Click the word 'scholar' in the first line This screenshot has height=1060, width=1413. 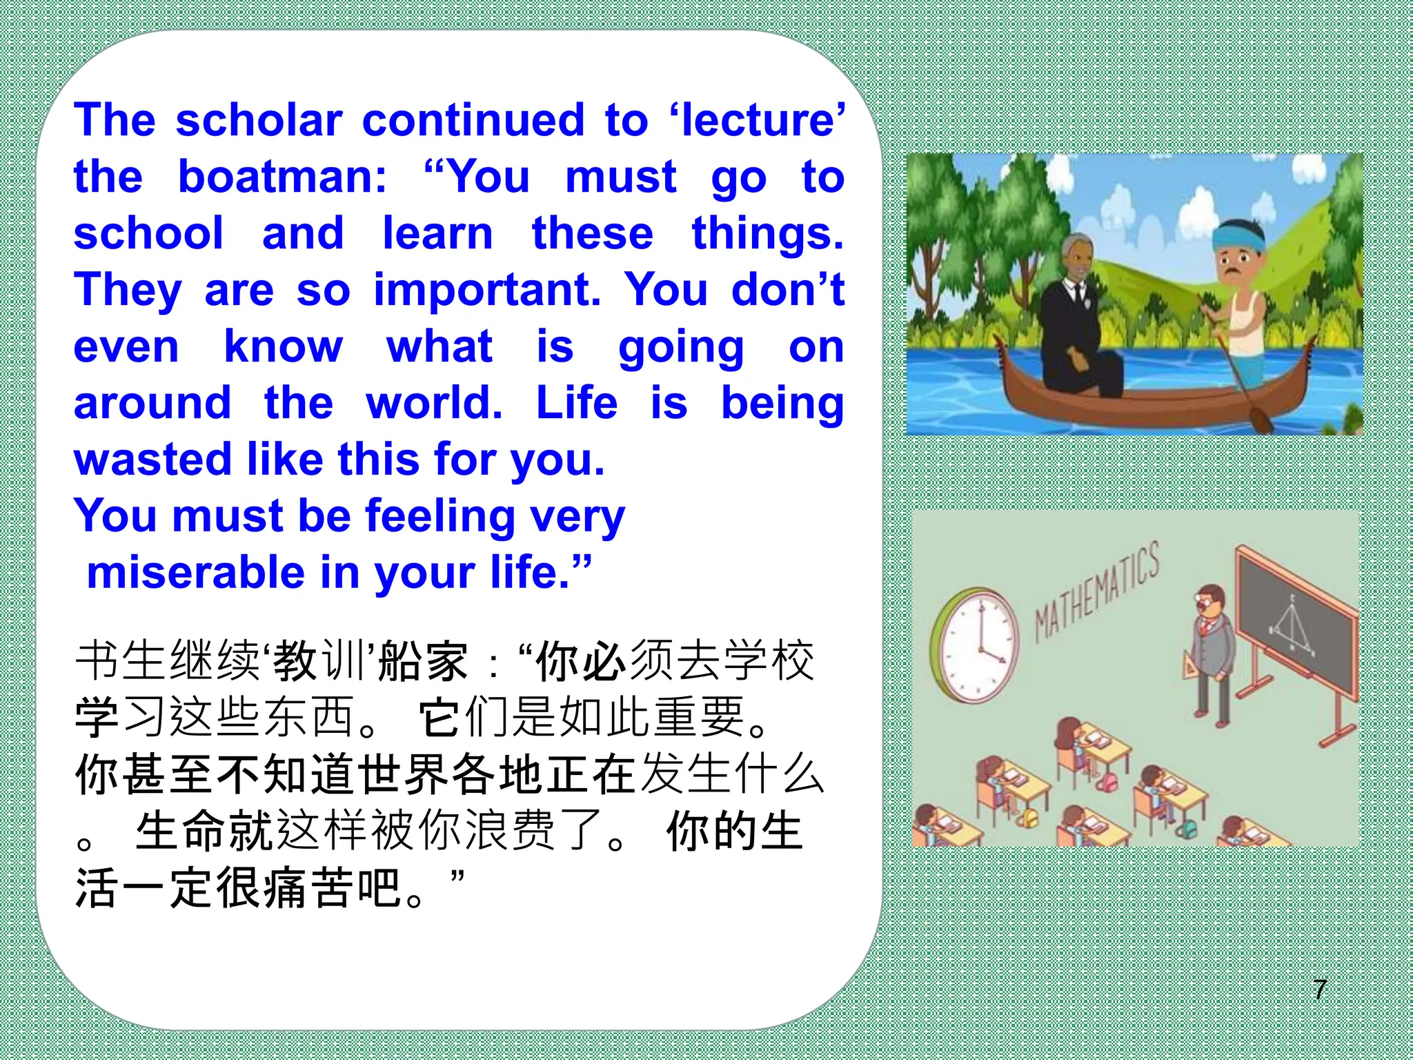pyautogui.click(x=259, y=120)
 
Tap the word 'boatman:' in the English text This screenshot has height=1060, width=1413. pyautogui.click(x=283, y=177)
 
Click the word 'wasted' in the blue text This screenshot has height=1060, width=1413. pyautogui.click(x=152, y=460)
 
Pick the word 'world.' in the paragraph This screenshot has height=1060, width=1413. pyautogui.click(x=434, y=403)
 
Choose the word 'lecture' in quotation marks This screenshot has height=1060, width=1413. pyautogui.click(x=758, y=120)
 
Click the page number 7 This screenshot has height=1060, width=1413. pyautogui.click(x=1319, y=990)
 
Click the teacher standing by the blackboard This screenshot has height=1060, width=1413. pyautogui.click(x=1213, y=656)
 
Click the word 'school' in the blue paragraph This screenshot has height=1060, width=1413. pyautogui.click(x=149, y=233)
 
